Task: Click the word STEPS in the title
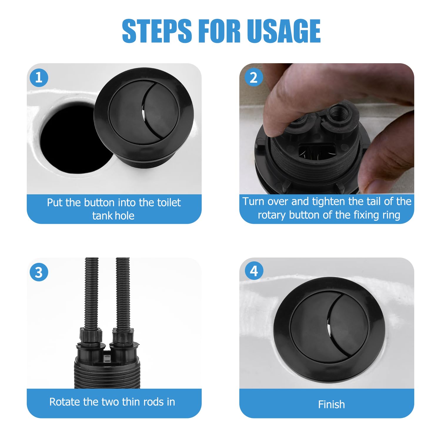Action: (x=157, y=30)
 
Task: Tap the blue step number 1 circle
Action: (x=39, y=78)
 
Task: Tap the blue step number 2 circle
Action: (x=254, y=78)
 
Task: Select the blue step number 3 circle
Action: (x=39, y=272)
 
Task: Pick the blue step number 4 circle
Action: (x=254, y=271)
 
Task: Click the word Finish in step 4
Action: (x=331, y=405)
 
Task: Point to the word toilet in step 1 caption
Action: (x=167, y=203)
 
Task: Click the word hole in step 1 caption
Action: (x=124, y=216)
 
